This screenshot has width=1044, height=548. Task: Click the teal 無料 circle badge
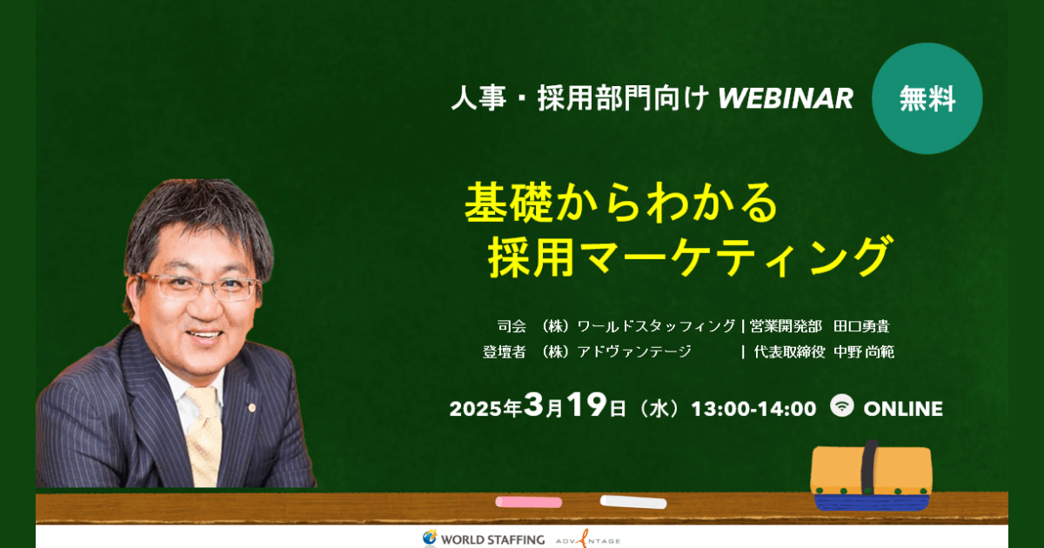927,98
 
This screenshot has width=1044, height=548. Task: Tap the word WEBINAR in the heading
786,98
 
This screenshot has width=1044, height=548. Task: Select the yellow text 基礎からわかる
621,202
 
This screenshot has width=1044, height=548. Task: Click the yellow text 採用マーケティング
690,257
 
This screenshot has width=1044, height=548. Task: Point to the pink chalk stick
529,502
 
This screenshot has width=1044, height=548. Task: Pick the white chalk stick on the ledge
633,502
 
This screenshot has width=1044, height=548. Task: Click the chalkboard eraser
871,476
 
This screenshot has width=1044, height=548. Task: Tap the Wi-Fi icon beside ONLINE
842,406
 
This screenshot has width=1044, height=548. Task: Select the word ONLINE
903,409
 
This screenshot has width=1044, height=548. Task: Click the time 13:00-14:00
753,409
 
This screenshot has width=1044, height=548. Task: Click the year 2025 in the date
476,409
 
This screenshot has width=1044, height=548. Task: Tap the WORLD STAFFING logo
484,538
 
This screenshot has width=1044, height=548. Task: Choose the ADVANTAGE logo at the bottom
588,539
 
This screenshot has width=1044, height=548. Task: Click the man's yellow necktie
204,436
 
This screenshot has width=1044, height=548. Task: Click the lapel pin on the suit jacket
252,408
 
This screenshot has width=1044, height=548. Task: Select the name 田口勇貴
861,326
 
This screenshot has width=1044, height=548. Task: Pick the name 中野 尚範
864,351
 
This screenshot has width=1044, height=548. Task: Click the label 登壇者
504,351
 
